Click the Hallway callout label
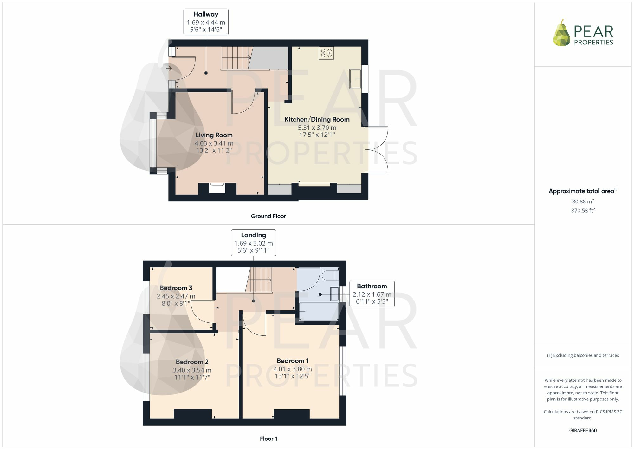point(206,22)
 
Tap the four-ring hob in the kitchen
point(326,53)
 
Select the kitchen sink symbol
point(355,78)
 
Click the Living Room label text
point(214,135)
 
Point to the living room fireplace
point(217,188)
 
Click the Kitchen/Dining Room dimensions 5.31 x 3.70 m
point(317,128)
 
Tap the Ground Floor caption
point(268,216)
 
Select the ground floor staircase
point(236,58)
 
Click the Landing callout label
point(253,242)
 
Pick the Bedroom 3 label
point(176,288)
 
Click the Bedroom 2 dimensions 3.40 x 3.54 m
point(192,370)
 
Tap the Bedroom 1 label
point(292,361)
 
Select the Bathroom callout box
point(372,294)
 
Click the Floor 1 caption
point(268,439)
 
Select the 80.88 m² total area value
point(583,201)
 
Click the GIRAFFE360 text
point(583,430)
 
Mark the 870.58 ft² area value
point(583,210)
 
